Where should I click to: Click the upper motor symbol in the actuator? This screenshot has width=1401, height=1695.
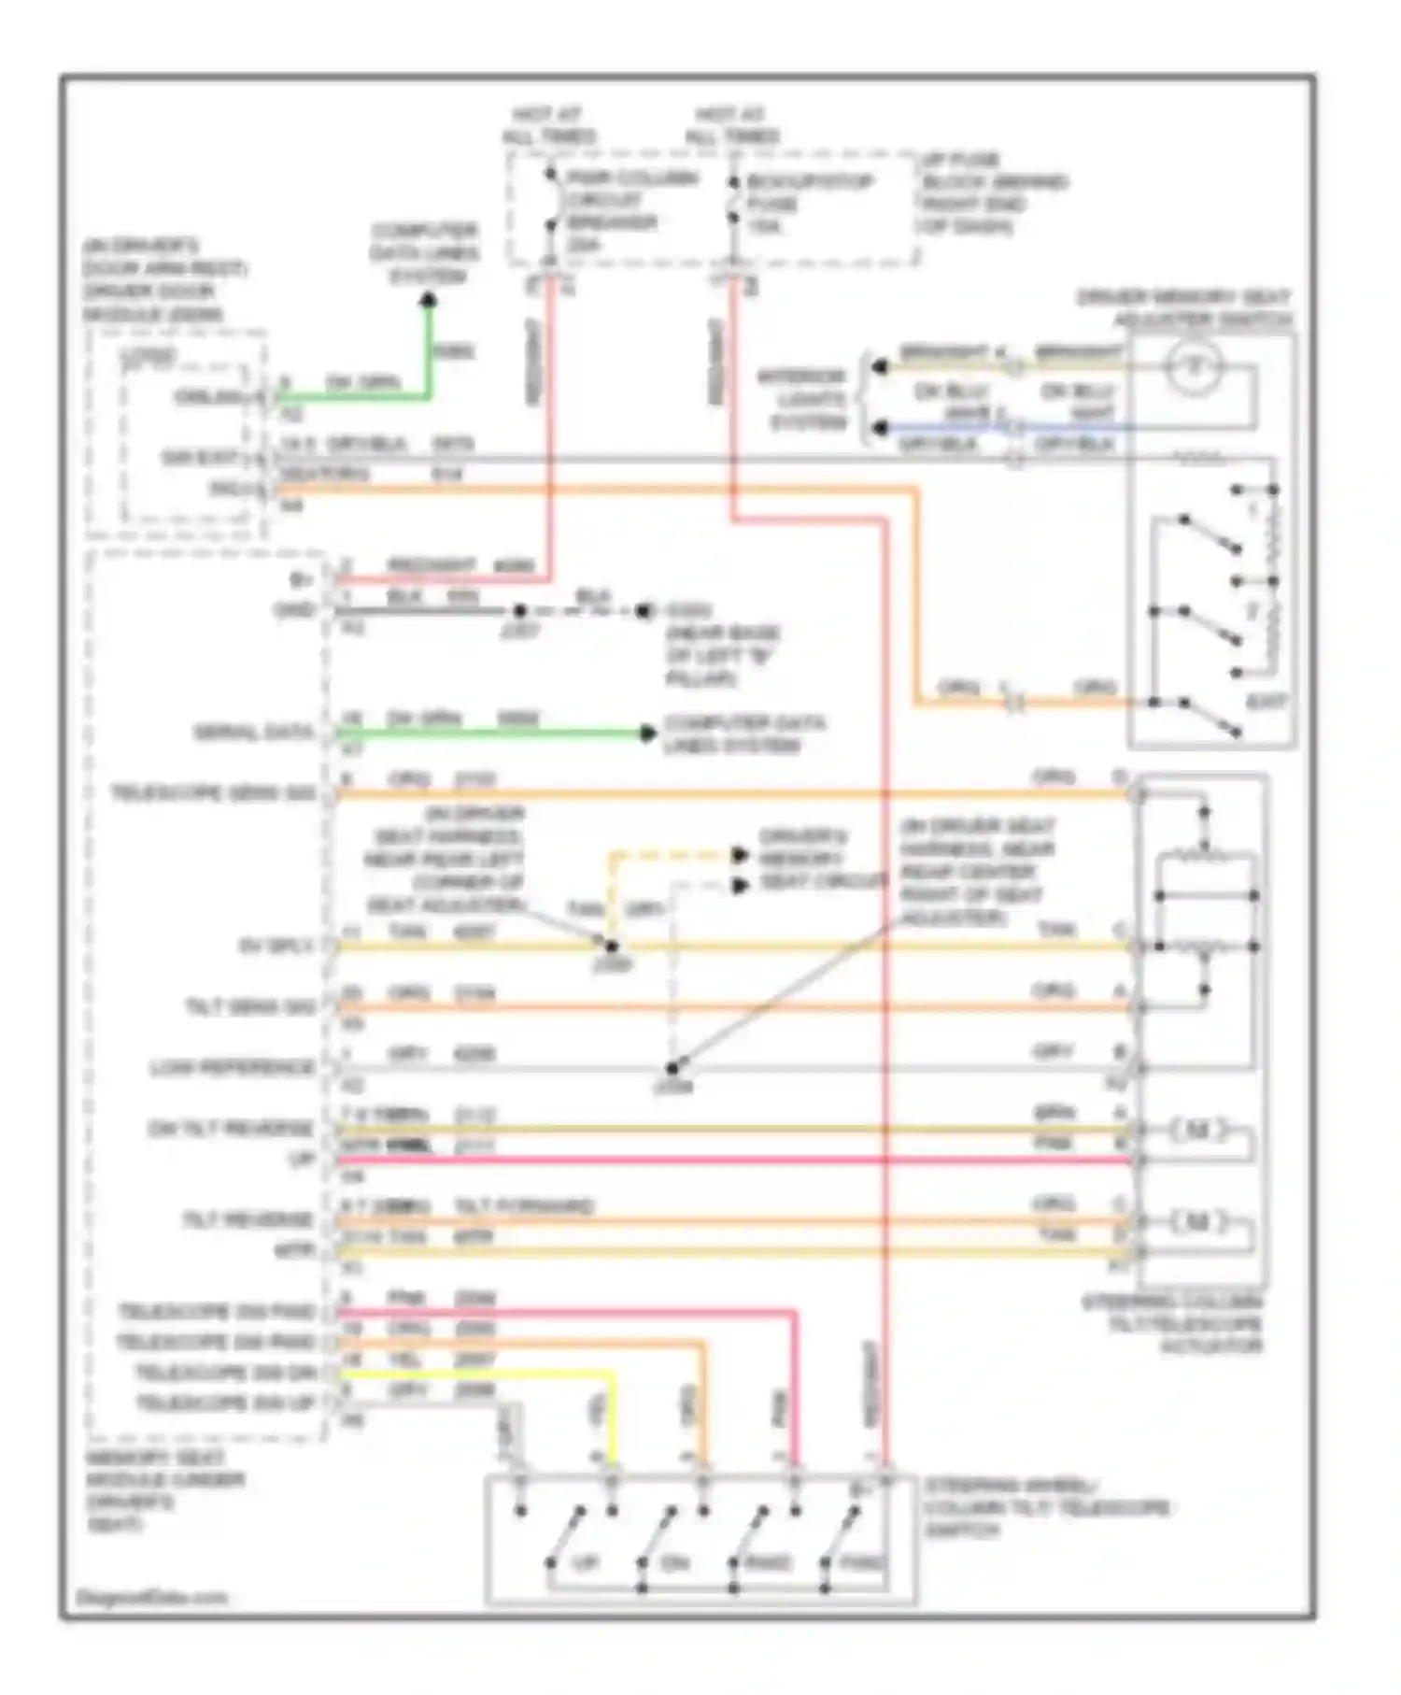pos(1197,1132)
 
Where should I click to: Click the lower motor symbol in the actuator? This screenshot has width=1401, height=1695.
pos(1197,1221)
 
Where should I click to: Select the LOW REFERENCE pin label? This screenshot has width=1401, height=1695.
pos(233,1067)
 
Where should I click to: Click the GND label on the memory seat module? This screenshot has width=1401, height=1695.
pos(295,610)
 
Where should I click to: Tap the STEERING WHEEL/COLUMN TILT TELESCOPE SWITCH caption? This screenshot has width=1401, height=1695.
pos(1046,1507)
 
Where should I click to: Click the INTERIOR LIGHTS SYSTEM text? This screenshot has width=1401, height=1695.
pos(804,400)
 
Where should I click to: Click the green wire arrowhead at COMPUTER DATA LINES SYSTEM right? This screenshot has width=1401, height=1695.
pos(647,734)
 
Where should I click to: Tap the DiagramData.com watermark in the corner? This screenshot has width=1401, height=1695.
pos(151,1597)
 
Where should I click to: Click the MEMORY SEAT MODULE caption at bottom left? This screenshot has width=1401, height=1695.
pos(164,1490)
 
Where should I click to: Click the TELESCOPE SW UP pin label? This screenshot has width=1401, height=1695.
pos(227,1403)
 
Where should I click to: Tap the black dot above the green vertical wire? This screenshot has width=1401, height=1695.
pos(429,300)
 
